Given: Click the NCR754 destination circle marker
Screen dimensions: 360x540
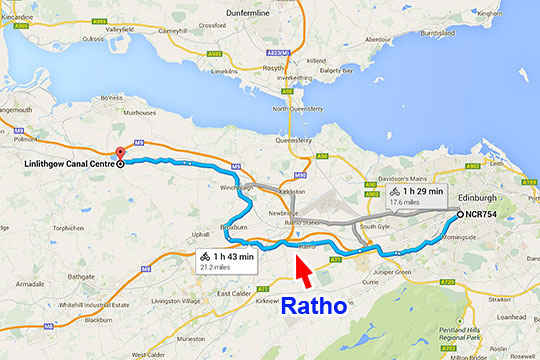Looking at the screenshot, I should (459, 215).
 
